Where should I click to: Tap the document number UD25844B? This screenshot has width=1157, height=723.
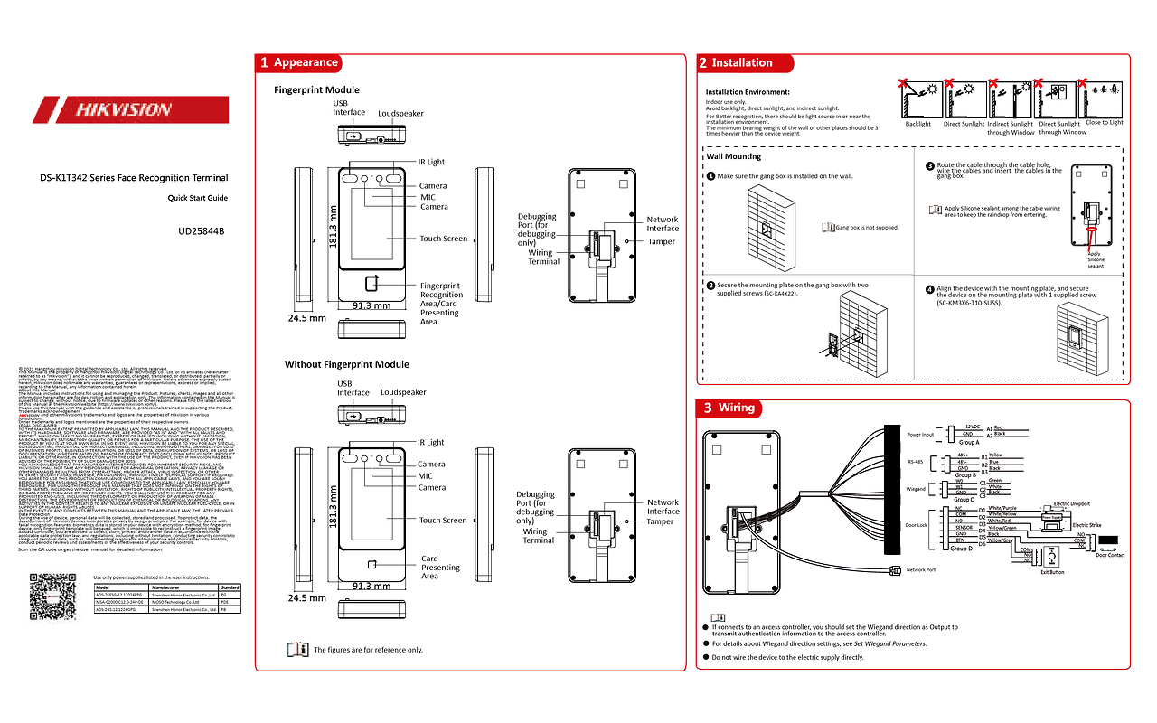(202, 231)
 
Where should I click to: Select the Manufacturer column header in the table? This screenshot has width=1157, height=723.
(166, 587)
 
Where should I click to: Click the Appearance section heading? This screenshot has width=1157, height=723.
(306, 62)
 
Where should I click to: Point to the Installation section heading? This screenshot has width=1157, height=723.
(741, 62)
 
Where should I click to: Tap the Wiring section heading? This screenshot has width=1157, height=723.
(736, 408)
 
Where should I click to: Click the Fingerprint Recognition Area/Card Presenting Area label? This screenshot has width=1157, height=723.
(441, 303)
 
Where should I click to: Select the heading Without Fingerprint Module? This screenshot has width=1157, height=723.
(346, 364)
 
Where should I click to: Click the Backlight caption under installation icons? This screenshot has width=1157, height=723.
(917, 125)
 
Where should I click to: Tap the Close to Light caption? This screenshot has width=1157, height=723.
(1104, 123)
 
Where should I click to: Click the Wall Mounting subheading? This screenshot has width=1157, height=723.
(733, 156)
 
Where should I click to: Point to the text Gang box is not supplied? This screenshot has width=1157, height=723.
(867, 228)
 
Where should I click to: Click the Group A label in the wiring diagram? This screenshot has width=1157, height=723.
(969, 442)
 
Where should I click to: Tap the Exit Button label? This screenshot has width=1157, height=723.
(1051, 572)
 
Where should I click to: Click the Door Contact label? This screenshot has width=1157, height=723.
(1110, 555)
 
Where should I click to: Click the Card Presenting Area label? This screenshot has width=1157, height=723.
(440, 568)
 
